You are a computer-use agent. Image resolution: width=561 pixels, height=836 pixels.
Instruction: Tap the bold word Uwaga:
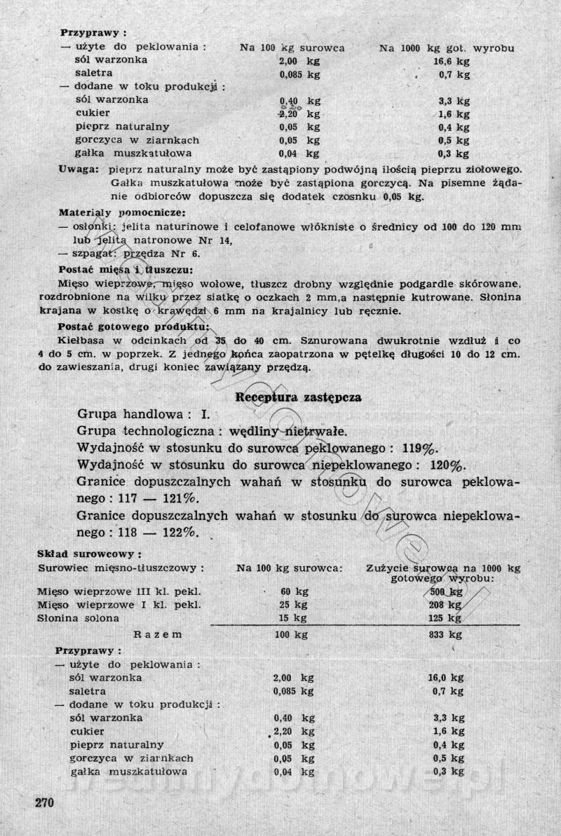[79, 170]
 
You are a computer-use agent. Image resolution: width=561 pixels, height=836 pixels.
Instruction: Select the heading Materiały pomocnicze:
[121, 212]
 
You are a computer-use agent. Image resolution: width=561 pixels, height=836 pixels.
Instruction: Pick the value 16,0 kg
[446, 678]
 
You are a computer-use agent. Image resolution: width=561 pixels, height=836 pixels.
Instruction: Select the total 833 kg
[446, 635]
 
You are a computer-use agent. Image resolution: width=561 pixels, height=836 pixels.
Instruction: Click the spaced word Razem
[158, 635]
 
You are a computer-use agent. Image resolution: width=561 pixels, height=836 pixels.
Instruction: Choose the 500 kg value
[446, 591]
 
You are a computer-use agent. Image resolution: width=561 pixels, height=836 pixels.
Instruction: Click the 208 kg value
[446, 604]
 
